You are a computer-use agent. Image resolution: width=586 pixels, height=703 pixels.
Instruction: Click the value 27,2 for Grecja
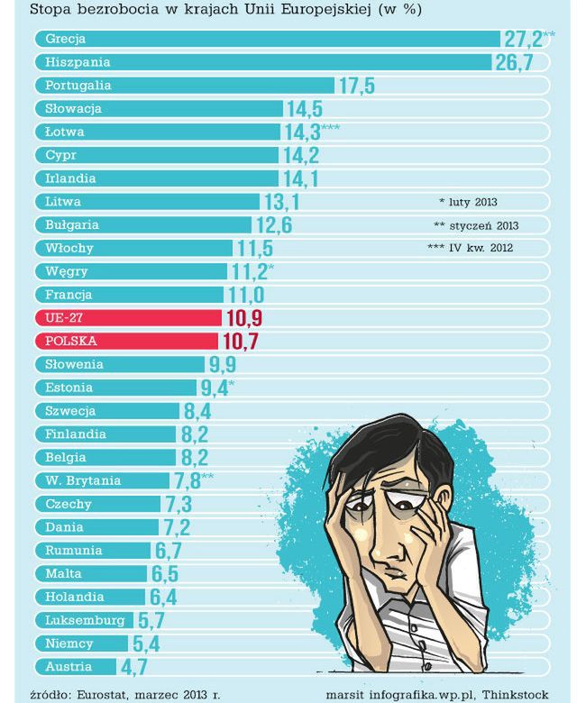[522, 39]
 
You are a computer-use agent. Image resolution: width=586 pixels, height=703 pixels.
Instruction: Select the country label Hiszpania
[78, 62]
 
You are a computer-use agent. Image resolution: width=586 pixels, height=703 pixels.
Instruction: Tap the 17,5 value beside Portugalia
[356, 86]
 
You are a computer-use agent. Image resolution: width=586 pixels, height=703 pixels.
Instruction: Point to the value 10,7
[240, 342]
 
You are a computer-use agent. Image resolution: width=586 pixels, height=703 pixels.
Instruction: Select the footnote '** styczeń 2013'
[476, 225]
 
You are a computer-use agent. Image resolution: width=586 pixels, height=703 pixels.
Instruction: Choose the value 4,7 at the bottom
[133, 668]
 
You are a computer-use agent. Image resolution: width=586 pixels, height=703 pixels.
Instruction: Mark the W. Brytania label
[83, 480]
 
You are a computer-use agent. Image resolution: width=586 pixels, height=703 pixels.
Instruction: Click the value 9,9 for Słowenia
[222, 365]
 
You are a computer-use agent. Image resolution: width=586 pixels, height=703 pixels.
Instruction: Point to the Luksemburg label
[85, 620]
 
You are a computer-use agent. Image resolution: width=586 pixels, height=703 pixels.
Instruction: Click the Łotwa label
[65, 132]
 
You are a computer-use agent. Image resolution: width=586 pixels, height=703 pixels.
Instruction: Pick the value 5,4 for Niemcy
[146, 644]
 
